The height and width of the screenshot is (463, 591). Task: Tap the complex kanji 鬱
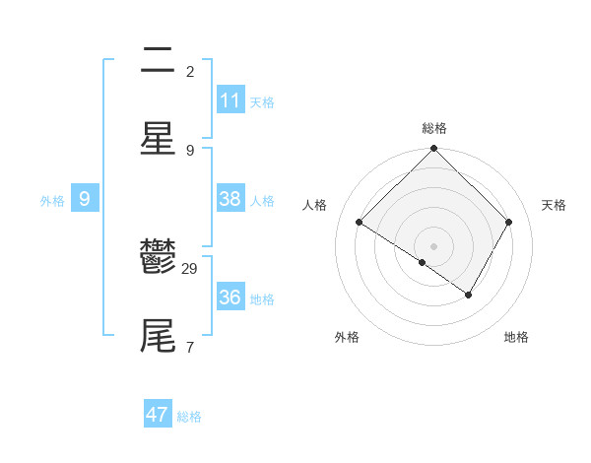click(158, 257)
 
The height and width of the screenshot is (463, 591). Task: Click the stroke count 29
click(190, 269)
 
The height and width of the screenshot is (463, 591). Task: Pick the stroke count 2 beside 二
click(190, 72)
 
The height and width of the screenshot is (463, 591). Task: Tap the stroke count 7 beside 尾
click(190, 347)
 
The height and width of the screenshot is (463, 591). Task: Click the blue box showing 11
click(230, 100)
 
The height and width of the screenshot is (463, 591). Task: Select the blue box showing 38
click(230, 199)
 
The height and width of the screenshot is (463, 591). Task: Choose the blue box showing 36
click(230, 298)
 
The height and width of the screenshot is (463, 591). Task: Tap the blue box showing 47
click(158, 415)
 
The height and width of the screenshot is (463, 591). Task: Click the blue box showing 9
click(85, 199)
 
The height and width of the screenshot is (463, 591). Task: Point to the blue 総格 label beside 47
click(189, 417)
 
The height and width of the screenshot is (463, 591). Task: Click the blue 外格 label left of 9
click(52, 200)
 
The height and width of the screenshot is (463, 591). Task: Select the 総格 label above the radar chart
click(433, 128)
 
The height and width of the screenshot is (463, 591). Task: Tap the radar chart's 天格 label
click(555, 205)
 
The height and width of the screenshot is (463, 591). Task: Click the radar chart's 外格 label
click(347, 337)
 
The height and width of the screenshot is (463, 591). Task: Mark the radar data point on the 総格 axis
click(433, 150)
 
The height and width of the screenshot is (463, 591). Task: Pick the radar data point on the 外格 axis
click(423, 262)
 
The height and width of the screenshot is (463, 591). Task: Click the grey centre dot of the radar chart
click(433, 245)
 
